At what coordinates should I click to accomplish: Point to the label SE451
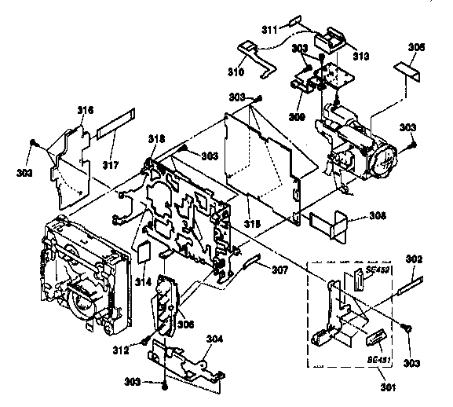pyautogui.click(x=378, y=359)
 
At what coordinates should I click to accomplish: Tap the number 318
pyautogui.click(x=156, y=138)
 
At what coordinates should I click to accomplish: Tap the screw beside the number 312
pyautogui.click(x=146, y=340)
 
